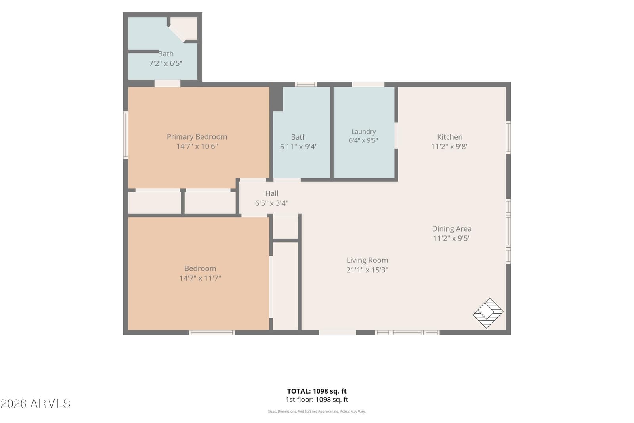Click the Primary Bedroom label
click(197, 137)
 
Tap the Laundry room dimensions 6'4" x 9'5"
click(363, 140)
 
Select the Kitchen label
click(450, 137)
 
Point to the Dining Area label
click(452, 229)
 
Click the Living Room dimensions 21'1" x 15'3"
click(367, 270)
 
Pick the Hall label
click(272, 193)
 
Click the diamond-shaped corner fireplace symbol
click(488, 313)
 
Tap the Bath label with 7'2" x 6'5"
click(166, 54)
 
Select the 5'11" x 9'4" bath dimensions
click(299, 147)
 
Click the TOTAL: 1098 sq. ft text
click(317, 391)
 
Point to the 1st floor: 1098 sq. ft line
click(317, 400)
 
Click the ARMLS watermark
click(35, 404)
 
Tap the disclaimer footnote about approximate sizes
click(317, 412)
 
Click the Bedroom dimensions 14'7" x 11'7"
click(200, 278)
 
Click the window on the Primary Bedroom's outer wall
click(125, 134)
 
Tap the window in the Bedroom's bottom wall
click(212, 332)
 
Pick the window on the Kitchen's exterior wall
click(508, 138)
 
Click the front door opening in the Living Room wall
click(337, 332)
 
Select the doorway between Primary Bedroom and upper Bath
click(167, 84)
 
